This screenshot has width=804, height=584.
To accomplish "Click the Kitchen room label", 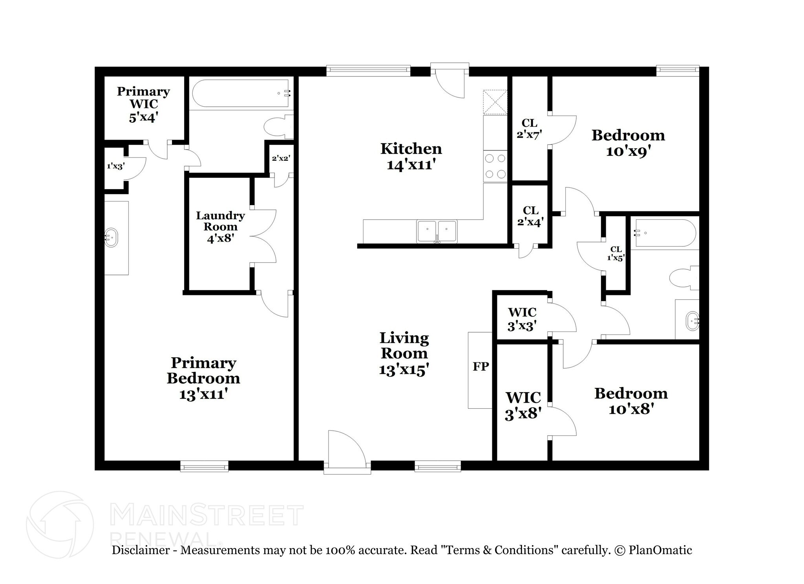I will point(411,149).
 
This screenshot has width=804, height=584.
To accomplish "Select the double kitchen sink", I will point(437,231).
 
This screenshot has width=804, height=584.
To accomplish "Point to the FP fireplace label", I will point(481,366).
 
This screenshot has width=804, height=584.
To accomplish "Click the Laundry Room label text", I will point(220,221).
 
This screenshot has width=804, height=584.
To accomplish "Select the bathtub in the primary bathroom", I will point(241,93).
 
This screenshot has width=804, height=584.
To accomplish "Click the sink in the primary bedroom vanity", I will point(112,238).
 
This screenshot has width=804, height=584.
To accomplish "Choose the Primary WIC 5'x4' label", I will point(143,104).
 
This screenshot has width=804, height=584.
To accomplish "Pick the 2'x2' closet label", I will point(281,158).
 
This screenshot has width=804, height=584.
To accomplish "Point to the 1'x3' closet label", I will point(116,166).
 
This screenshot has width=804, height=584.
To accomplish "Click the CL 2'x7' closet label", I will point(529,129).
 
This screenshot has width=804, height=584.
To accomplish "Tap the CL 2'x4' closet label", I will point(530,216).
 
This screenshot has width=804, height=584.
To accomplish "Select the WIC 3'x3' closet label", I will point(522,319).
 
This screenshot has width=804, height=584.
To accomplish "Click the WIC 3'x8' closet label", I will point(523,405).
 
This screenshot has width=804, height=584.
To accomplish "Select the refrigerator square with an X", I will point(495,102).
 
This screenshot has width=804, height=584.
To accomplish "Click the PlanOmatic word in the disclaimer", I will point(660,550).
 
